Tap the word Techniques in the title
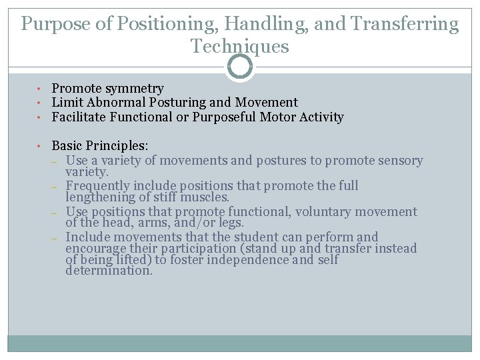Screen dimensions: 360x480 pos(239,47)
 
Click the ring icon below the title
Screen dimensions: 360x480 pos(239,67)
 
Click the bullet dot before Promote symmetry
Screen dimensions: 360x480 pos(40,89)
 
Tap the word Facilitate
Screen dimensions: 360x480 pos(79,117)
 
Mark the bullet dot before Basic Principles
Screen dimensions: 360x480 pos(40,146)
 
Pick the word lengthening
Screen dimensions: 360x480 pos(99,197)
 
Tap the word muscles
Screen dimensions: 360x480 pos(207,197)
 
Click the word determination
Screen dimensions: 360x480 pos(109,271)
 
